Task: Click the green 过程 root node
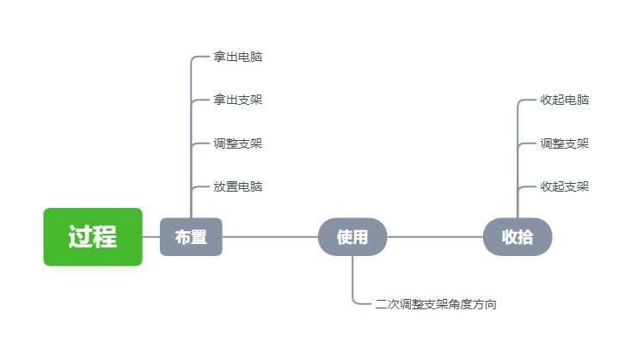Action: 93,237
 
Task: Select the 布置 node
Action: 191,237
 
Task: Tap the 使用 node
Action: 352,237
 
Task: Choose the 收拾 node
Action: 518,237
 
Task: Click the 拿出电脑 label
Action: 238,58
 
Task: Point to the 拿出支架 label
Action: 238,101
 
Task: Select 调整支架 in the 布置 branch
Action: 238,143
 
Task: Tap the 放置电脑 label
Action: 238,186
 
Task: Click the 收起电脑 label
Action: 565,101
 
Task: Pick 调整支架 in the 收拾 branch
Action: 565,143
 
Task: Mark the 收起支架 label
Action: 565,186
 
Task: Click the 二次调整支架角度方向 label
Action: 436,304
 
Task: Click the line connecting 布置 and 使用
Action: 270,237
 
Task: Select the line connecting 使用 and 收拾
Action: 435,237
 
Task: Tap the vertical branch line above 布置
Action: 191,129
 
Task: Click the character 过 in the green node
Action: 81,237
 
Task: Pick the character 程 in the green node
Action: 105,237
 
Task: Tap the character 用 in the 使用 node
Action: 360,237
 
